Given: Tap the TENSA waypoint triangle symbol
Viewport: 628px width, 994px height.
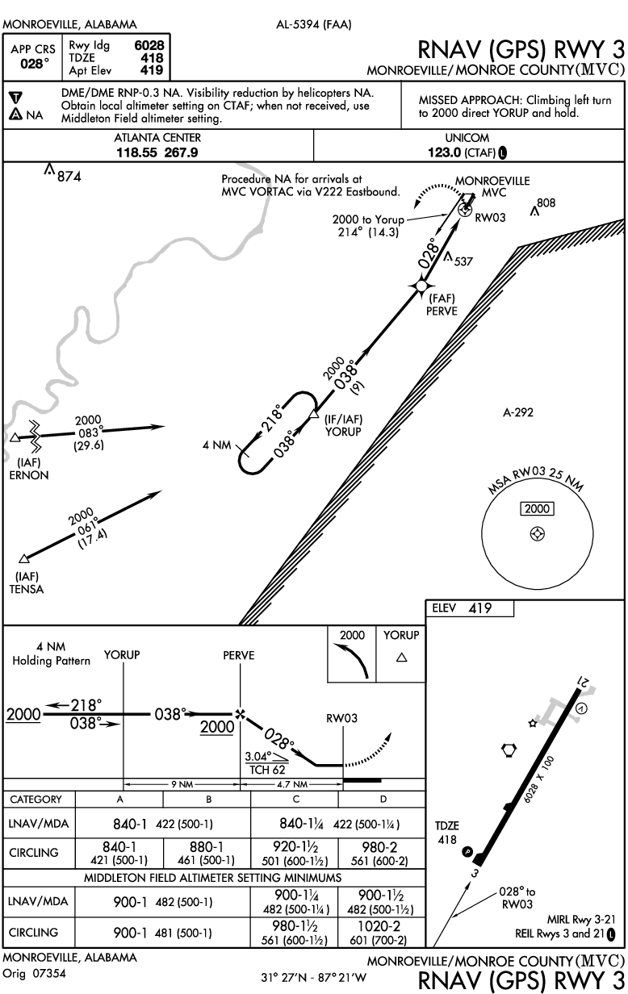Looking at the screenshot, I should [23, 558].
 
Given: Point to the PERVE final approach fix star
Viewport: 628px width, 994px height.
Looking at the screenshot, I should [420, 285].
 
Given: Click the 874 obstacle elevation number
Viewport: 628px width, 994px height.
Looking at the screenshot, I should [69, 176].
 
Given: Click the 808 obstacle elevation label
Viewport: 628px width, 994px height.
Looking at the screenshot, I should [546, 203].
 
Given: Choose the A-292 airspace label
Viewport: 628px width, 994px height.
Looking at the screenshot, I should [517, 412].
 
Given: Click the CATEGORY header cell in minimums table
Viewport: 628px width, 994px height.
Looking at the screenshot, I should [36, 800].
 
